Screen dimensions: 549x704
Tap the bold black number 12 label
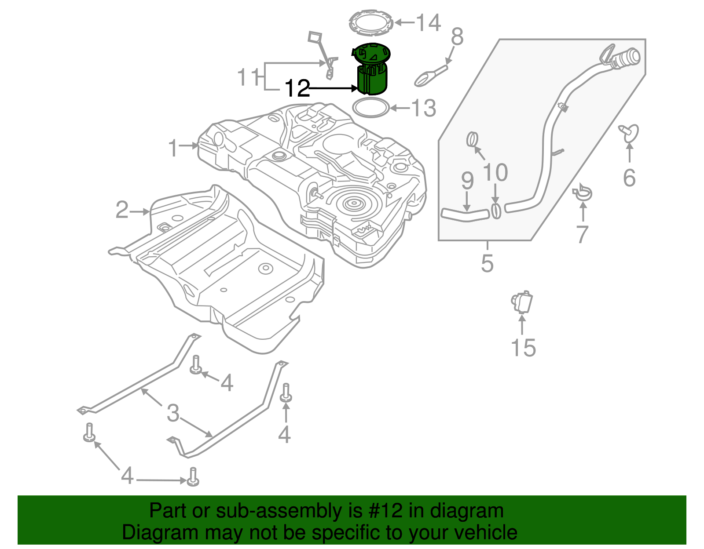click(297, 89)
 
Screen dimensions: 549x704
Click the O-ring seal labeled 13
click(371, 108)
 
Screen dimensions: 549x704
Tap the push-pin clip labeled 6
click(630, 133)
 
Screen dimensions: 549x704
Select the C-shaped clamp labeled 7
click(583, 193)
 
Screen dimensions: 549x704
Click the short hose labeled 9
click(465, 215)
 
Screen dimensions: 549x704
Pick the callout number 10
click(495, 173)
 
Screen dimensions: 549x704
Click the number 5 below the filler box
click(487, 263)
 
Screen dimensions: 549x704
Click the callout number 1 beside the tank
click(173, 148)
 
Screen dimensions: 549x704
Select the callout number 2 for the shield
click(122, 210)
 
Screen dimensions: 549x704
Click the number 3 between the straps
click(173, 413)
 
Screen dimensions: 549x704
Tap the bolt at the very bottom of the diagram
click(193, 477)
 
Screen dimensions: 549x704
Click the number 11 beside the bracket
click(249, 77)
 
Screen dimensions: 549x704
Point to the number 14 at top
click(428, 23)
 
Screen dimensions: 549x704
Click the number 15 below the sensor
click(523, 348)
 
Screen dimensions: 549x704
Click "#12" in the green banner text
click(384, 511)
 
